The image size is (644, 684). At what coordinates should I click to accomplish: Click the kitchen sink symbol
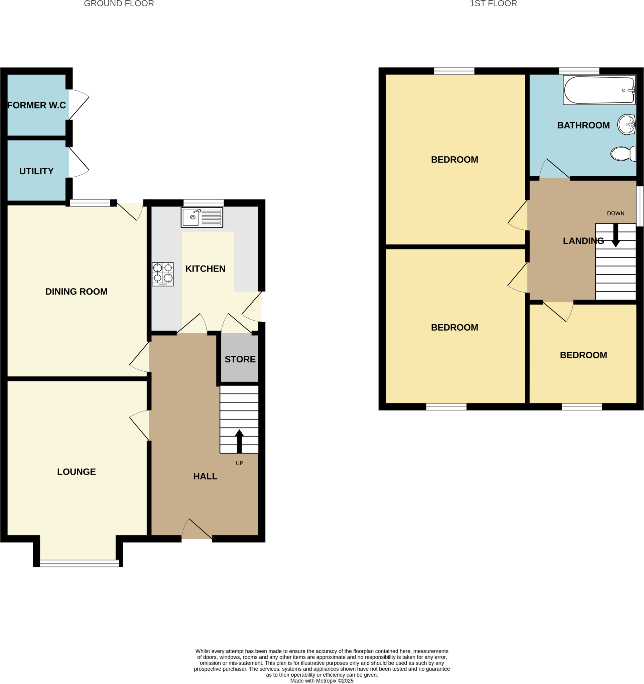coord(202,217)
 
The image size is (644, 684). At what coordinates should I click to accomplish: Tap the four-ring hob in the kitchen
coord(162,274)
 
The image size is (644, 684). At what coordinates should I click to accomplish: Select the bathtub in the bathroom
coord(599,90)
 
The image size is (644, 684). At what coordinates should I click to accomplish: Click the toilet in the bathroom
coord(623,153)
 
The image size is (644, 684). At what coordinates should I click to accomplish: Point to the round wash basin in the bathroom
coord(626,124)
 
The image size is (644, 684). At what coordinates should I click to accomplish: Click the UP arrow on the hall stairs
coord(239,441)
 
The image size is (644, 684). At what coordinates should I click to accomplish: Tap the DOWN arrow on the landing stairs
coord(616,235)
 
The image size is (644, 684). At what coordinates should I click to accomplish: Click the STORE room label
coord(240,359)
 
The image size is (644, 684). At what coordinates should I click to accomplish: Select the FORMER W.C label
coord(36,105)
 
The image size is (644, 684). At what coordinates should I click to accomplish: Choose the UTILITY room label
coord(36,171)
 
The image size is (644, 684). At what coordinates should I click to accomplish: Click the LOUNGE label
coord(77,472)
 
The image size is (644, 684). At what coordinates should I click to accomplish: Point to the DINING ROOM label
coord(77,292)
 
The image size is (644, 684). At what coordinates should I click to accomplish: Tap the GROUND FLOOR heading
coord(119,4)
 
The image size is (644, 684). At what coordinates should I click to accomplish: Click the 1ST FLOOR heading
coord(493,4)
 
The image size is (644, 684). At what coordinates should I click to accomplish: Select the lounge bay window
coord(80,563)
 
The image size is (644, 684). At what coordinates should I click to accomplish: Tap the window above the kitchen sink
coord(204,203)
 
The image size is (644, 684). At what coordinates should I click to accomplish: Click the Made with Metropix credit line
coord(321,681)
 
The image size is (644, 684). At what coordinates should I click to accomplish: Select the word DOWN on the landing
coord(616,213)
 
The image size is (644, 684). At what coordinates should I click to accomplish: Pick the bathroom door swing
coord(554,170)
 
